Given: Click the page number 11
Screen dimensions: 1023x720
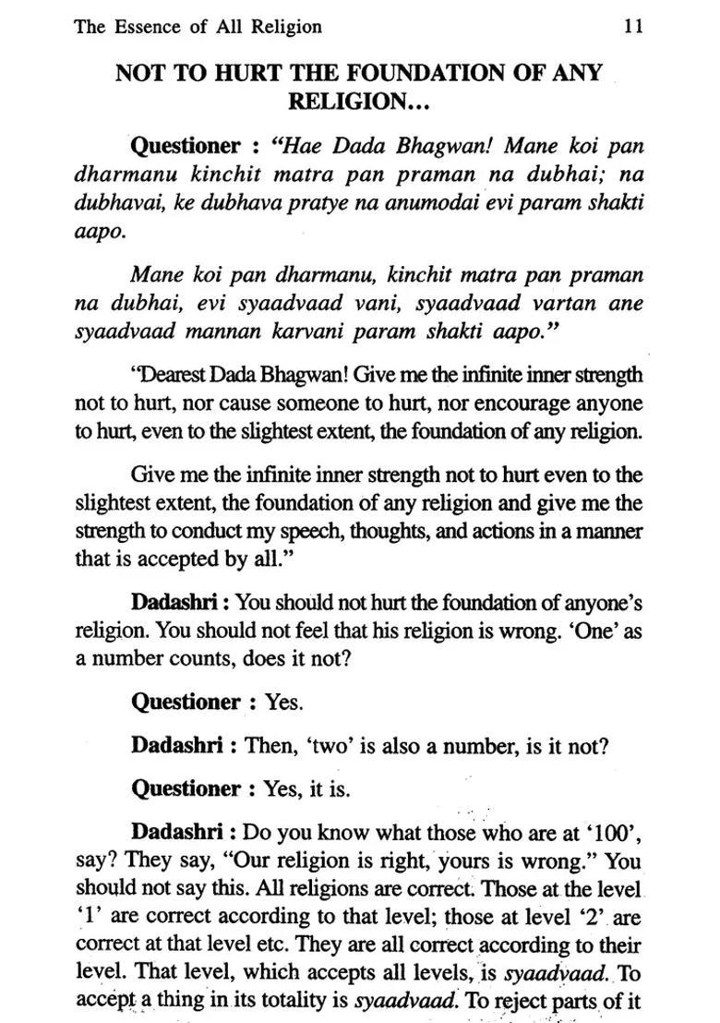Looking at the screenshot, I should tap(633, 27).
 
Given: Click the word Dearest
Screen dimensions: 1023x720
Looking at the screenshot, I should tap(174, 376).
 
